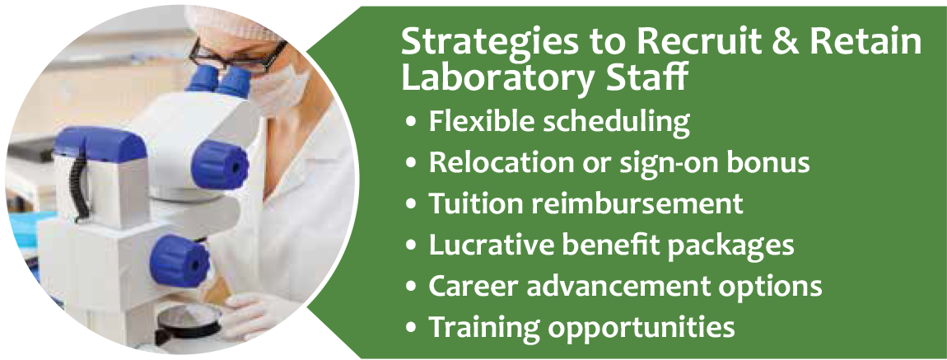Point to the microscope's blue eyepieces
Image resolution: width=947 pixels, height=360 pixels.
coord(216,81)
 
